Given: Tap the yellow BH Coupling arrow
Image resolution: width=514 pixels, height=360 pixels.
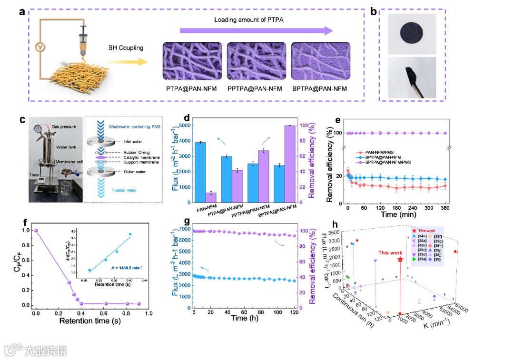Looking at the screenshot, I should click(126, 62).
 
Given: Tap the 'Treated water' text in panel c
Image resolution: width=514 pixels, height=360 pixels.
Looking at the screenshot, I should click(125, 190).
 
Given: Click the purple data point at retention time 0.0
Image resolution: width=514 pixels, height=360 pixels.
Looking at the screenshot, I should click(36, 231).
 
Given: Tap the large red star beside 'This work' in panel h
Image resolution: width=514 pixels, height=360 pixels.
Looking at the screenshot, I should click(400, 260).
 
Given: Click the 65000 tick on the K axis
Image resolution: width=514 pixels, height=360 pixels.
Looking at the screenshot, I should click(461, 305).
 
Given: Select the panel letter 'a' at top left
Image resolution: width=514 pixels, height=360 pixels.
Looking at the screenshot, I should click(22, 12).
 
